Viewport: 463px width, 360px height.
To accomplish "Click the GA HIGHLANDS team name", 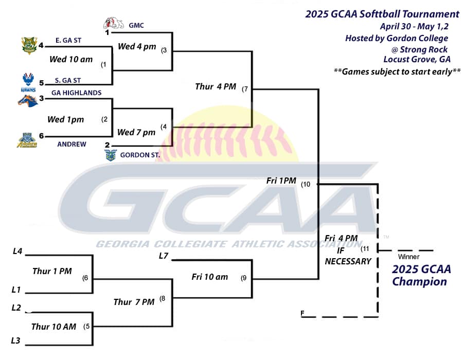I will (x=76, y=93).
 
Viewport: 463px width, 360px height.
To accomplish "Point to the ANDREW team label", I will (x=72, y=145).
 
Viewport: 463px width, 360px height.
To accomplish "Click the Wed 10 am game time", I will (x=71, y=59).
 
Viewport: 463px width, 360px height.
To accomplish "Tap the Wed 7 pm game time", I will (x=136, y=132).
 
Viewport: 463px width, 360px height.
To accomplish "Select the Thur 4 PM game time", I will (x=216, y=86).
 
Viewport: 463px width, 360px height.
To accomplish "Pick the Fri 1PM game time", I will (x=281, y=181).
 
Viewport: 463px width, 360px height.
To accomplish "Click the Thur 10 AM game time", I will (x=54, y=327).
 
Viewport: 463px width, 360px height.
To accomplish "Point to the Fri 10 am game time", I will (x=209, y=277).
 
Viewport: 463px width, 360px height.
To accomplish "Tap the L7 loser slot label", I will (x=164, y=256).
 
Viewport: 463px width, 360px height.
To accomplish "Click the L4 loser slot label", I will (x=17, y=251).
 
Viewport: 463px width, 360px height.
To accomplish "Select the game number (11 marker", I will (x=365, y=249).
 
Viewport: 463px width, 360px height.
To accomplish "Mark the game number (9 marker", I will (x=243, y=278).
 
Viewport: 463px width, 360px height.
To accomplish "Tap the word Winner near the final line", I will (x=408, y=256).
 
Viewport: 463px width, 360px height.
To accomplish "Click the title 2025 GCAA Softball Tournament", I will (x=382, y=14).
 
